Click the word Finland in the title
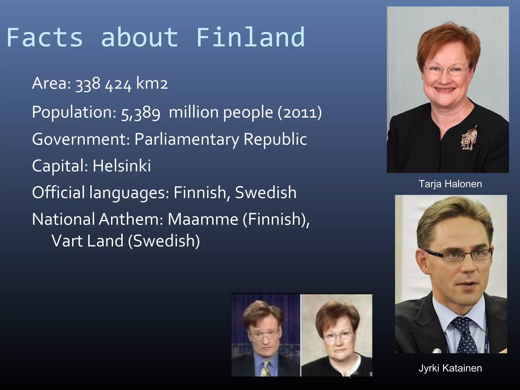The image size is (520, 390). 250,38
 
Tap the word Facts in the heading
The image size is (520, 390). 45,38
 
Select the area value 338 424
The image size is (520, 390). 104,84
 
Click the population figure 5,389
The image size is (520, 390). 141,113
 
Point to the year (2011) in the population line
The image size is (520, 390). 300,112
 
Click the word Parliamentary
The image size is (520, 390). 187,139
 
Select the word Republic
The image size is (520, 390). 275,139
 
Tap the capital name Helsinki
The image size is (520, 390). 122,166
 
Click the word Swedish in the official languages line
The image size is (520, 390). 266,192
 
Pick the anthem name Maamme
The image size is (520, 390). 203,219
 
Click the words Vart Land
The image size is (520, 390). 88,241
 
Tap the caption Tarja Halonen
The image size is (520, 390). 450,184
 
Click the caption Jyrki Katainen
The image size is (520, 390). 450,368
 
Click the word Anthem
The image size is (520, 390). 131,219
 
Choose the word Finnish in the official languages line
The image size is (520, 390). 200,192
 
